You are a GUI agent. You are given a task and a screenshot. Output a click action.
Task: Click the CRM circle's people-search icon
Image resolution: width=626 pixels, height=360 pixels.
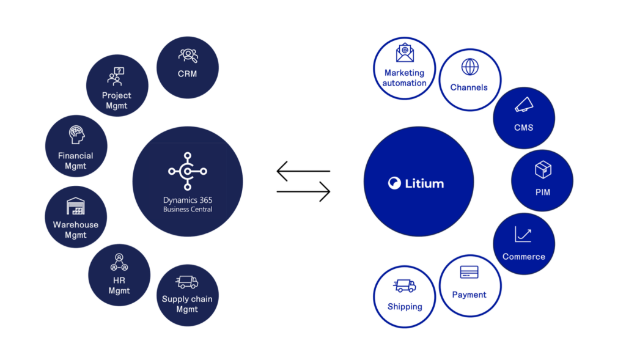pos(188,56)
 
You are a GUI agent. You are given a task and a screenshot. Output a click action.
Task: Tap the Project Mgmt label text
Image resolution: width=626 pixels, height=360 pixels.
pos(117,100)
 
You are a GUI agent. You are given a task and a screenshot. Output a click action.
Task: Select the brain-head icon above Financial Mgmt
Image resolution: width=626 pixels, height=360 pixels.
pos(76,134)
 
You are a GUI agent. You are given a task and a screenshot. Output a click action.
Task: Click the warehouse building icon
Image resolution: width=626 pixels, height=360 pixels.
pos(75,206)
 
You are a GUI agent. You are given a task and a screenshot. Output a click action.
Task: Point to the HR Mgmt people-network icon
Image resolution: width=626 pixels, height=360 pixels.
pos(119,262)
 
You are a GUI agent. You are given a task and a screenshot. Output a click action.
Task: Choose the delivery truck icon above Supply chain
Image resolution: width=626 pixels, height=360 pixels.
pos(187,282)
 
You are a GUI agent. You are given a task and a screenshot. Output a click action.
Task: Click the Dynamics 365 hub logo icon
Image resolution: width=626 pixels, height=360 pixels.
pos(188,171)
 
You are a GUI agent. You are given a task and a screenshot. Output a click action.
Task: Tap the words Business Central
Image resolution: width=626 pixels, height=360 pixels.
pos(188,209)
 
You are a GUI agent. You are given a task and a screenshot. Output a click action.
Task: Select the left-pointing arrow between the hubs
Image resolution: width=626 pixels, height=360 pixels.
pos(303,171)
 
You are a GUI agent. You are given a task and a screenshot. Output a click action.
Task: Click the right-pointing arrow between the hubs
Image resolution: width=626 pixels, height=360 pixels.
pos(303,191)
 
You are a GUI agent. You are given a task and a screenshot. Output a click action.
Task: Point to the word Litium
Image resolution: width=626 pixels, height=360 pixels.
pos(424,183)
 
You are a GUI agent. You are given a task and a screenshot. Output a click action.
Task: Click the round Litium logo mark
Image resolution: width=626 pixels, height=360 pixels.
pos(394,183)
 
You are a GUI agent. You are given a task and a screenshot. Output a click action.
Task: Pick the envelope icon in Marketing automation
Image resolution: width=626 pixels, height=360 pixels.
pos(405,53)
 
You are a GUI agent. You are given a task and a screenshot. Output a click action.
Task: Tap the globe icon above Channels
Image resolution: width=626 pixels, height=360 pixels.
pos(470,67)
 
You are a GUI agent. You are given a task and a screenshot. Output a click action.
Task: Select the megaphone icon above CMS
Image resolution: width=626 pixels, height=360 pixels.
pos(524,105)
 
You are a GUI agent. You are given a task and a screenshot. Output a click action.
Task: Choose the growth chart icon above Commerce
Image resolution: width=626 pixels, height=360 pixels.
pos(523,234)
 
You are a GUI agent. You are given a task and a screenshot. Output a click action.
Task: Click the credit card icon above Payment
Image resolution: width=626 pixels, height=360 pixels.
pos(469,272)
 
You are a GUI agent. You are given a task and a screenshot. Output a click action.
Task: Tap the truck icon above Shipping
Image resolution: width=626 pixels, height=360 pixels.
pos(405,286)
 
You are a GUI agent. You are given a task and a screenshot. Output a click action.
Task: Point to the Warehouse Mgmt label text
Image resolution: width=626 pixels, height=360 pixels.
pos(75,229)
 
